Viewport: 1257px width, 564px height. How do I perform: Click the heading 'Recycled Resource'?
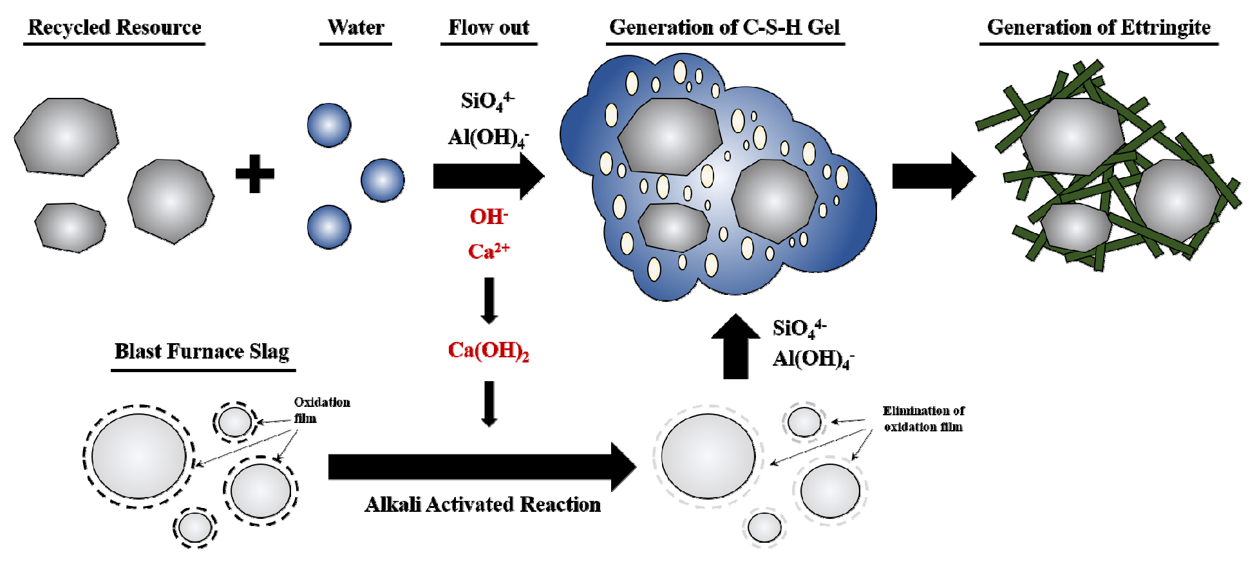(x=115, y=28)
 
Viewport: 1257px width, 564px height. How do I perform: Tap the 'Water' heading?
(x=355, y=28)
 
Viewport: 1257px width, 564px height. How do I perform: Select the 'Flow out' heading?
(x=489, y=28)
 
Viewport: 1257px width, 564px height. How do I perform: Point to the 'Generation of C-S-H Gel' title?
(x=724, y=28)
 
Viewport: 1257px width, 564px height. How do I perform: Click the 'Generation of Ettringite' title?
(x=1099, y=28)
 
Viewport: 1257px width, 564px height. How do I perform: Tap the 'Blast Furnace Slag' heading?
(x=202, y=352)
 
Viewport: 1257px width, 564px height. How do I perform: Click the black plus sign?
(x=255, y=174)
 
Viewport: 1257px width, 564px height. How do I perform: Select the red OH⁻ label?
(x=489, y=217)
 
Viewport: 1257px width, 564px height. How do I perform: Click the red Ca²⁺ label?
(x=489, y=251)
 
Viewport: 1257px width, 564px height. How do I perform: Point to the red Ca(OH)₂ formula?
(x=489, y=351)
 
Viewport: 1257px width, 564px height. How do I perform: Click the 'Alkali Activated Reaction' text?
(x=483, y=504)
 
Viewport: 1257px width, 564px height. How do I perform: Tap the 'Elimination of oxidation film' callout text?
(x=923, y=418)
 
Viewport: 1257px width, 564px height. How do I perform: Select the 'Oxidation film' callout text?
(x=321, y=410)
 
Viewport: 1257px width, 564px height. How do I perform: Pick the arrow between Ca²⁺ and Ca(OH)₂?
(x=489, y=300)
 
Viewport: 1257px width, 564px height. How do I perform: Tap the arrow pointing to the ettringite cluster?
(x=933, y=176)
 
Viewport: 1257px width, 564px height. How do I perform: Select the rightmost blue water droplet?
(x=383, y=180)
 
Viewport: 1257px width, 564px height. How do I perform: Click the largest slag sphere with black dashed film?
(x=139, y=456)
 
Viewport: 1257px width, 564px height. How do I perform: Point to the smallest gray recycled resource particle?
(x=70, y=227)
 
